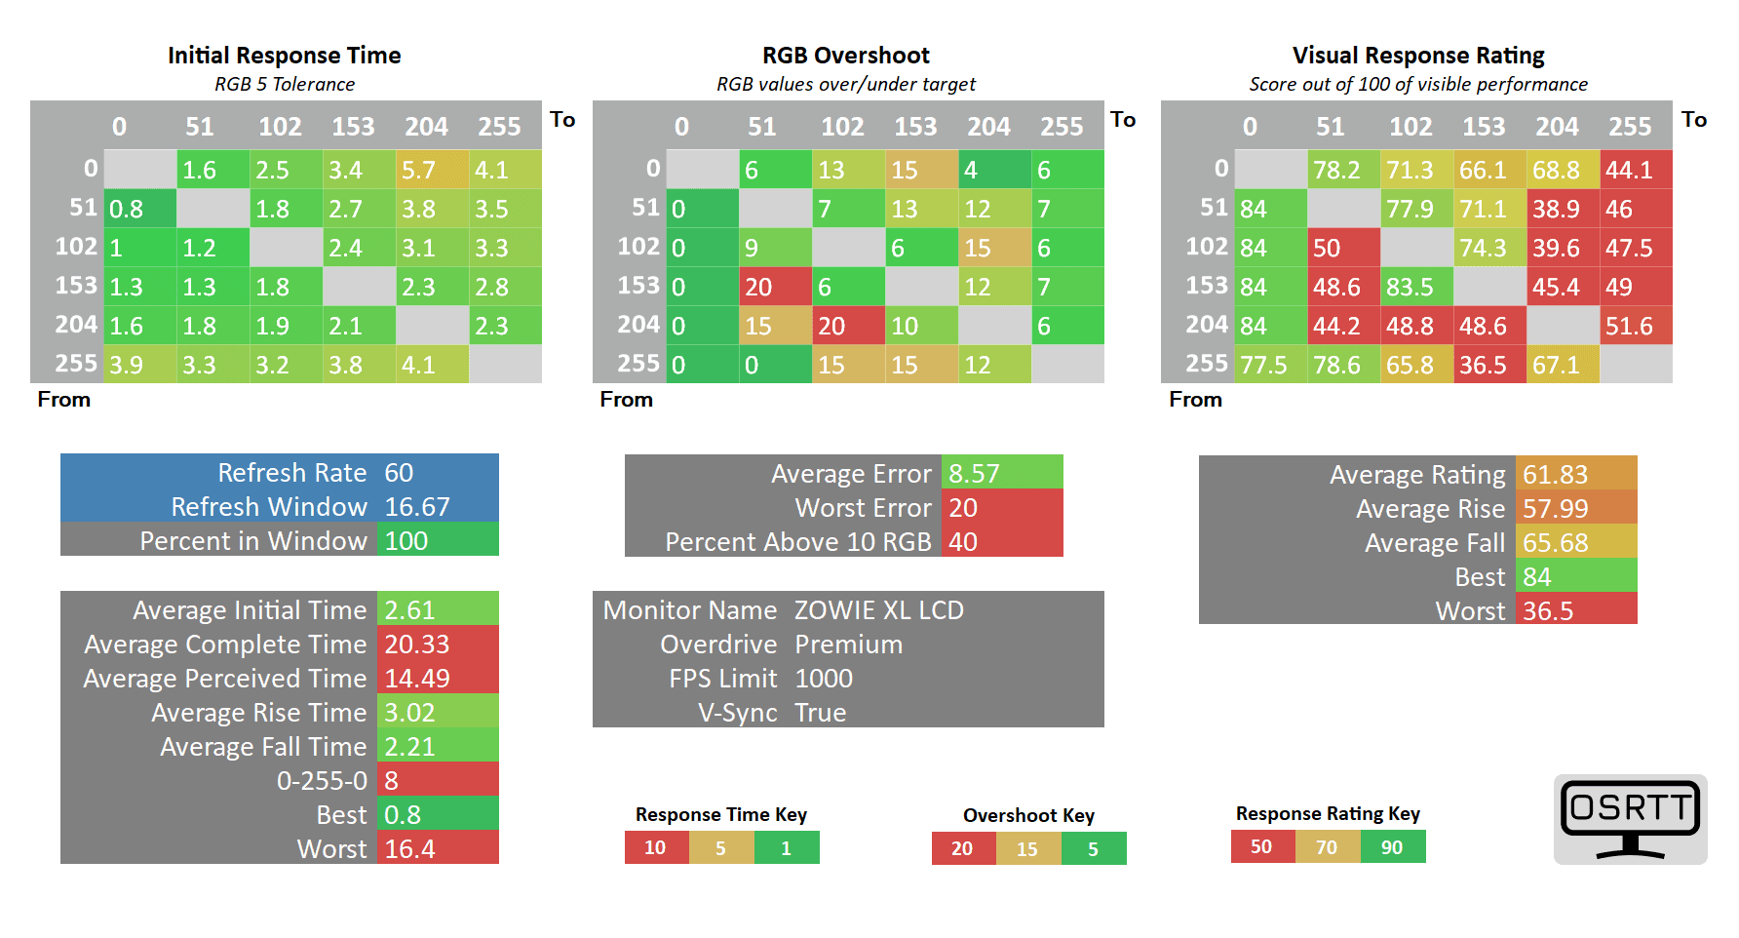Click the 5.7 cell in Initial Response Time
click(432, 170)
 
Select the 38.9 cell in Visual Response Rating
click(1563, 209)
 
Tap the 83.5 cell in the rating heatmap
click(1416, 287)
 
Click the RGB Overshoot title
click(845, 56)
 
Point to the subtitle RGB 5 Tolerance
click(285, 84)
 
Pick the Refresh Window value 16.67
click(417, 507)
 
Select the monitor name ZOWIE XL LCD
click(878, 610)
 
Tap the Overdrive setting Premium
click(848, 645)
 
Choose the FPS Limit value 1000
click(824, 679)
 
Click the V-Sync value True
click(820, 713)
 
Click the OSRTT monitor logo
click(1630, 819)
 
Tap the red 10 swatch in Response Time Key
click(656, 848)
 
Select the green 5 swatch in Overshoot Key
click(1094, 849)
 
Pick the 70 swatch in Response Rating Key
click(1328, 847)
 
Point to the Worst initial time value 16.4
click(410, 849)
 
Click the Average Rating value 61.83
click(1556, 475)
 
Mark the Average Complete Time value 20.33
click(417, 645)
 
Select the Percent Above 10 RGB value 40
click(963, 542)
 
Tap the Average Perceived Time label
click(225, 679)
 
